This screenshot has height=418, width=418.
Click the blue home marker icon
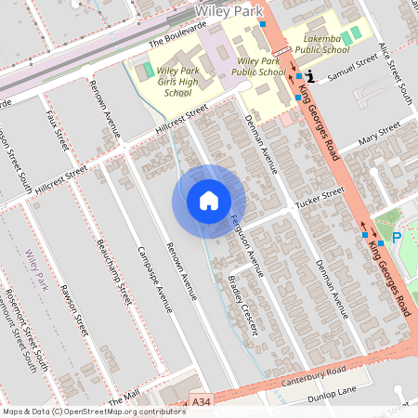point(209,201)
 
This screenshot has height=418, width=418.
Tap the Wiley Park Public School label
point(257,65)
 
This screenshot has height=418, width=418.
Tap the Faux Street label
point(58,131)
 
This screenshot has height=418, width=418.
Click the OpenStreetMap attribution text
point(94,411)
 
